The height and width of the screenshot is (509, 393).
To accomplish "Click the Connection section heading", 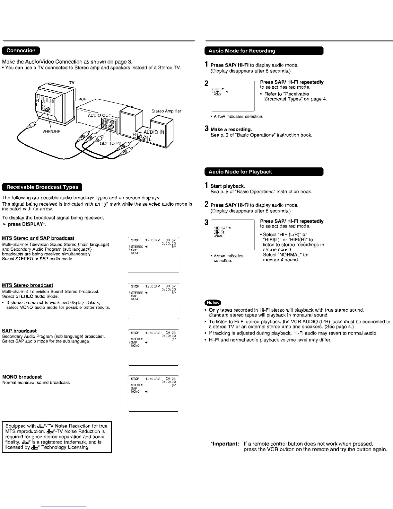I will [x=21, y=50].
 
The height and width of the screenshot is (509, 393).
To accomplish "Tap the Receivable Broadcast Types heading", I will [x=42, y=187].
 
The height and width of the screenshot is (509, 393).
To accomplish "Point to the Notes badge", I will [x=213, y=303].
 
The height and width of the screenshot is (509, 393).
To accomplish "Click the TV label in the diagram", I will [x=72, y=83].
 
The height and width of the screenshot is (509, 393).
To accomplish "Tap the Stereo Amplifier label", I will [x=166, y=111].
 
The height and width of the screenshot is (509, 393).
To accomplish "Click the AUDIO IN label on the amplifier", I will [x=154, y=132].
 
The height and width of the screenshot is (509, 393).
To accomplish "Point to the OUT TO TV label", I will [x=110, y=143].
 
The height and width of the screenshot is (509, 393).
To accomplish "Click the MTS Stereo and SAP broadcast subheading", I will [x=38, y=238].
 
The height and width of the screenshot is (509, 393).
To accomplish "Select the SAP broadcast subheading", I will [x=19, y=331].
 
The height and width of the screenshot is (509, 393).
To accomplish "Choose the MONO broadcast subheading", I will [x=22, y=377].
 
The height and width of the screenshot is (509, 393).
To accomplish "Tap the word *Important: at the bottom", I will [x=224, y=444].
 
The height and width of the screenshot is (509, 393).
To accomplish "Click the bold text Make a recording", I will [x=231, y=129].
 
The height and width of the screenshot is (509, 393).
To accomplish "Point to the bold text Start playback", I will [x=228, y=186].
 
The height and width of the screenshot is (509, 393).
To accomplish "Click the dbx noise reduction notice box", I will [x=57, y=437].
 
